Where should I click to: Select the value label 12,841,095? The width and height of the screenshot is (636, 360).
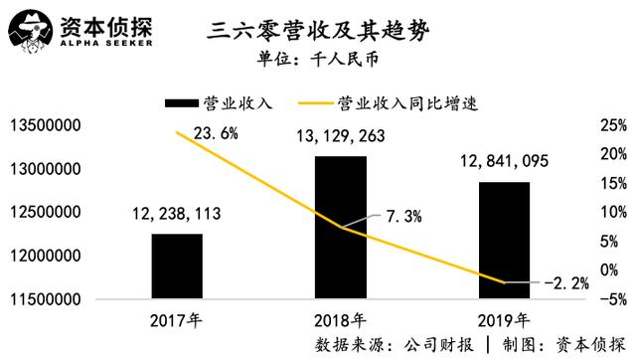[x=504, y=160]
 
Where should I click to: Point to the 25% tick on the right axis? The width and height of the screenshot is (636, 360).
[x=614, y=125]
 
